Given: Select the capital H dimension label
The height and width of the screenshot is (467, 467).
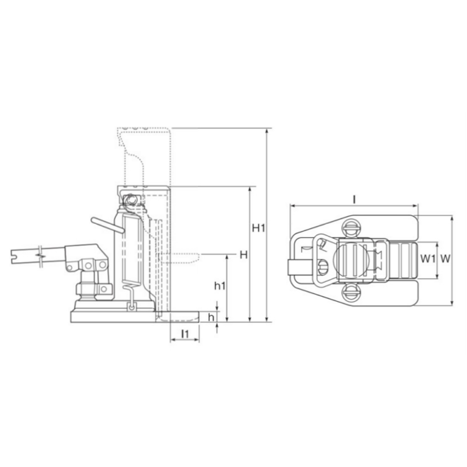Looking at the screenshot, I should pos(243,255).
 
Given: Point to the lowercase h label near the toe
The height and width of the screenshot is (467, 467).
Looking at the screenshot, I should pos(211,317).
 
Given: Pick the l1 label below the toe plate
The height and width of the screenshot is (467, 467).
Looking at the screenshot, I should pos(185,333).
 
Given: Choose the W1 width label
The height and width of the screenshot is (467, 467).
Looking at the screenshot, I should pos(427,259).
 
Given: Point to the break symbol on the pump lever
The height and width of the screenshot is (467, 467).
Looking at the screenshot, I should pos(40,253).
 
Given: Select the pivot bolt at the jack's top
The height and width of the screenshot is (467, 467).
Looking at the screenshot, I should pos(130,200).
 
